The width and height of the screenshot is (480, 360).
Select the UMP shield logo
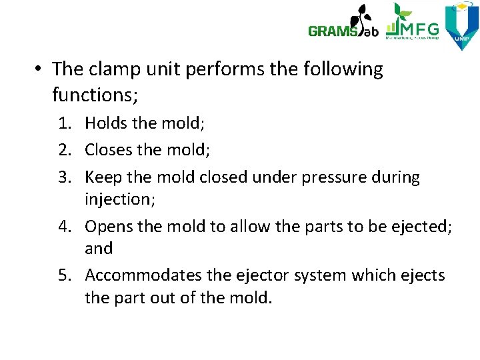click(461, 25)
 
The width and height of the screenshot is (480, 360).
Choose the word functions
click(94, 95)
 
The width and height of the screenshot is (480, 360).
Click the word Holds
click(107, 123)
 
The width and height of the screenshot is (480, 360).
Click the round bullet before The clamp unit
click(39, 69)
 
